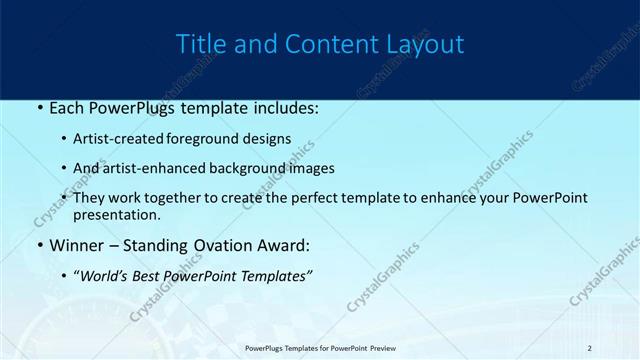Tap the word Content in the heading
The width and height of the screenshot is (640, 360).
(320, 44)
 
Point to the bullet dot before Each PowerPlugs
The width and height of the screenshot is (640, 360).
(39, 106)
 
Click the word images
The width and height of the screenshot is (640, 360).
(309, 168)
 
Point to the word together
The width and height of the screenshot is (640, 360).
(179, 198)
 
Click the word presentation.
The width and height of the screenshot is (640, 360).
(117, 215)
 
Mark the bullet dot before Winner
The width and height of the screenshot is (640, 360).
(39, 245)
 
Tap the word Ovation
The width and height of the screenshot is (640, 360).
(234, 245)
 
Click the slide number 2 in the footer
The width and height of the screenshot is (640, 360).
(589, 348)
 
